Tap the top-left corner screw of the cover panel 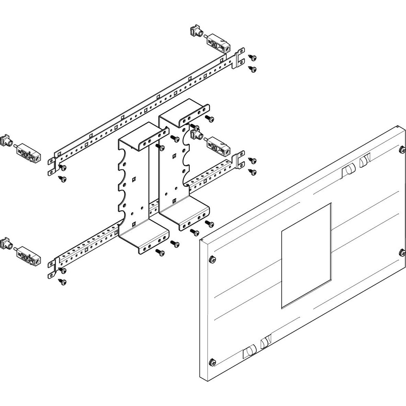[x=212, y=259]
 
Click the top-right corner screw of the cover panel [x=402, y=149]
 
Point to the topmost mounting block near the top [x=218, y=43]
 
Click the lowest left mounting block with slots [x=28, y=255]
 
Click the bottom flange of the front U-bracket [x=146, y=242]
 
